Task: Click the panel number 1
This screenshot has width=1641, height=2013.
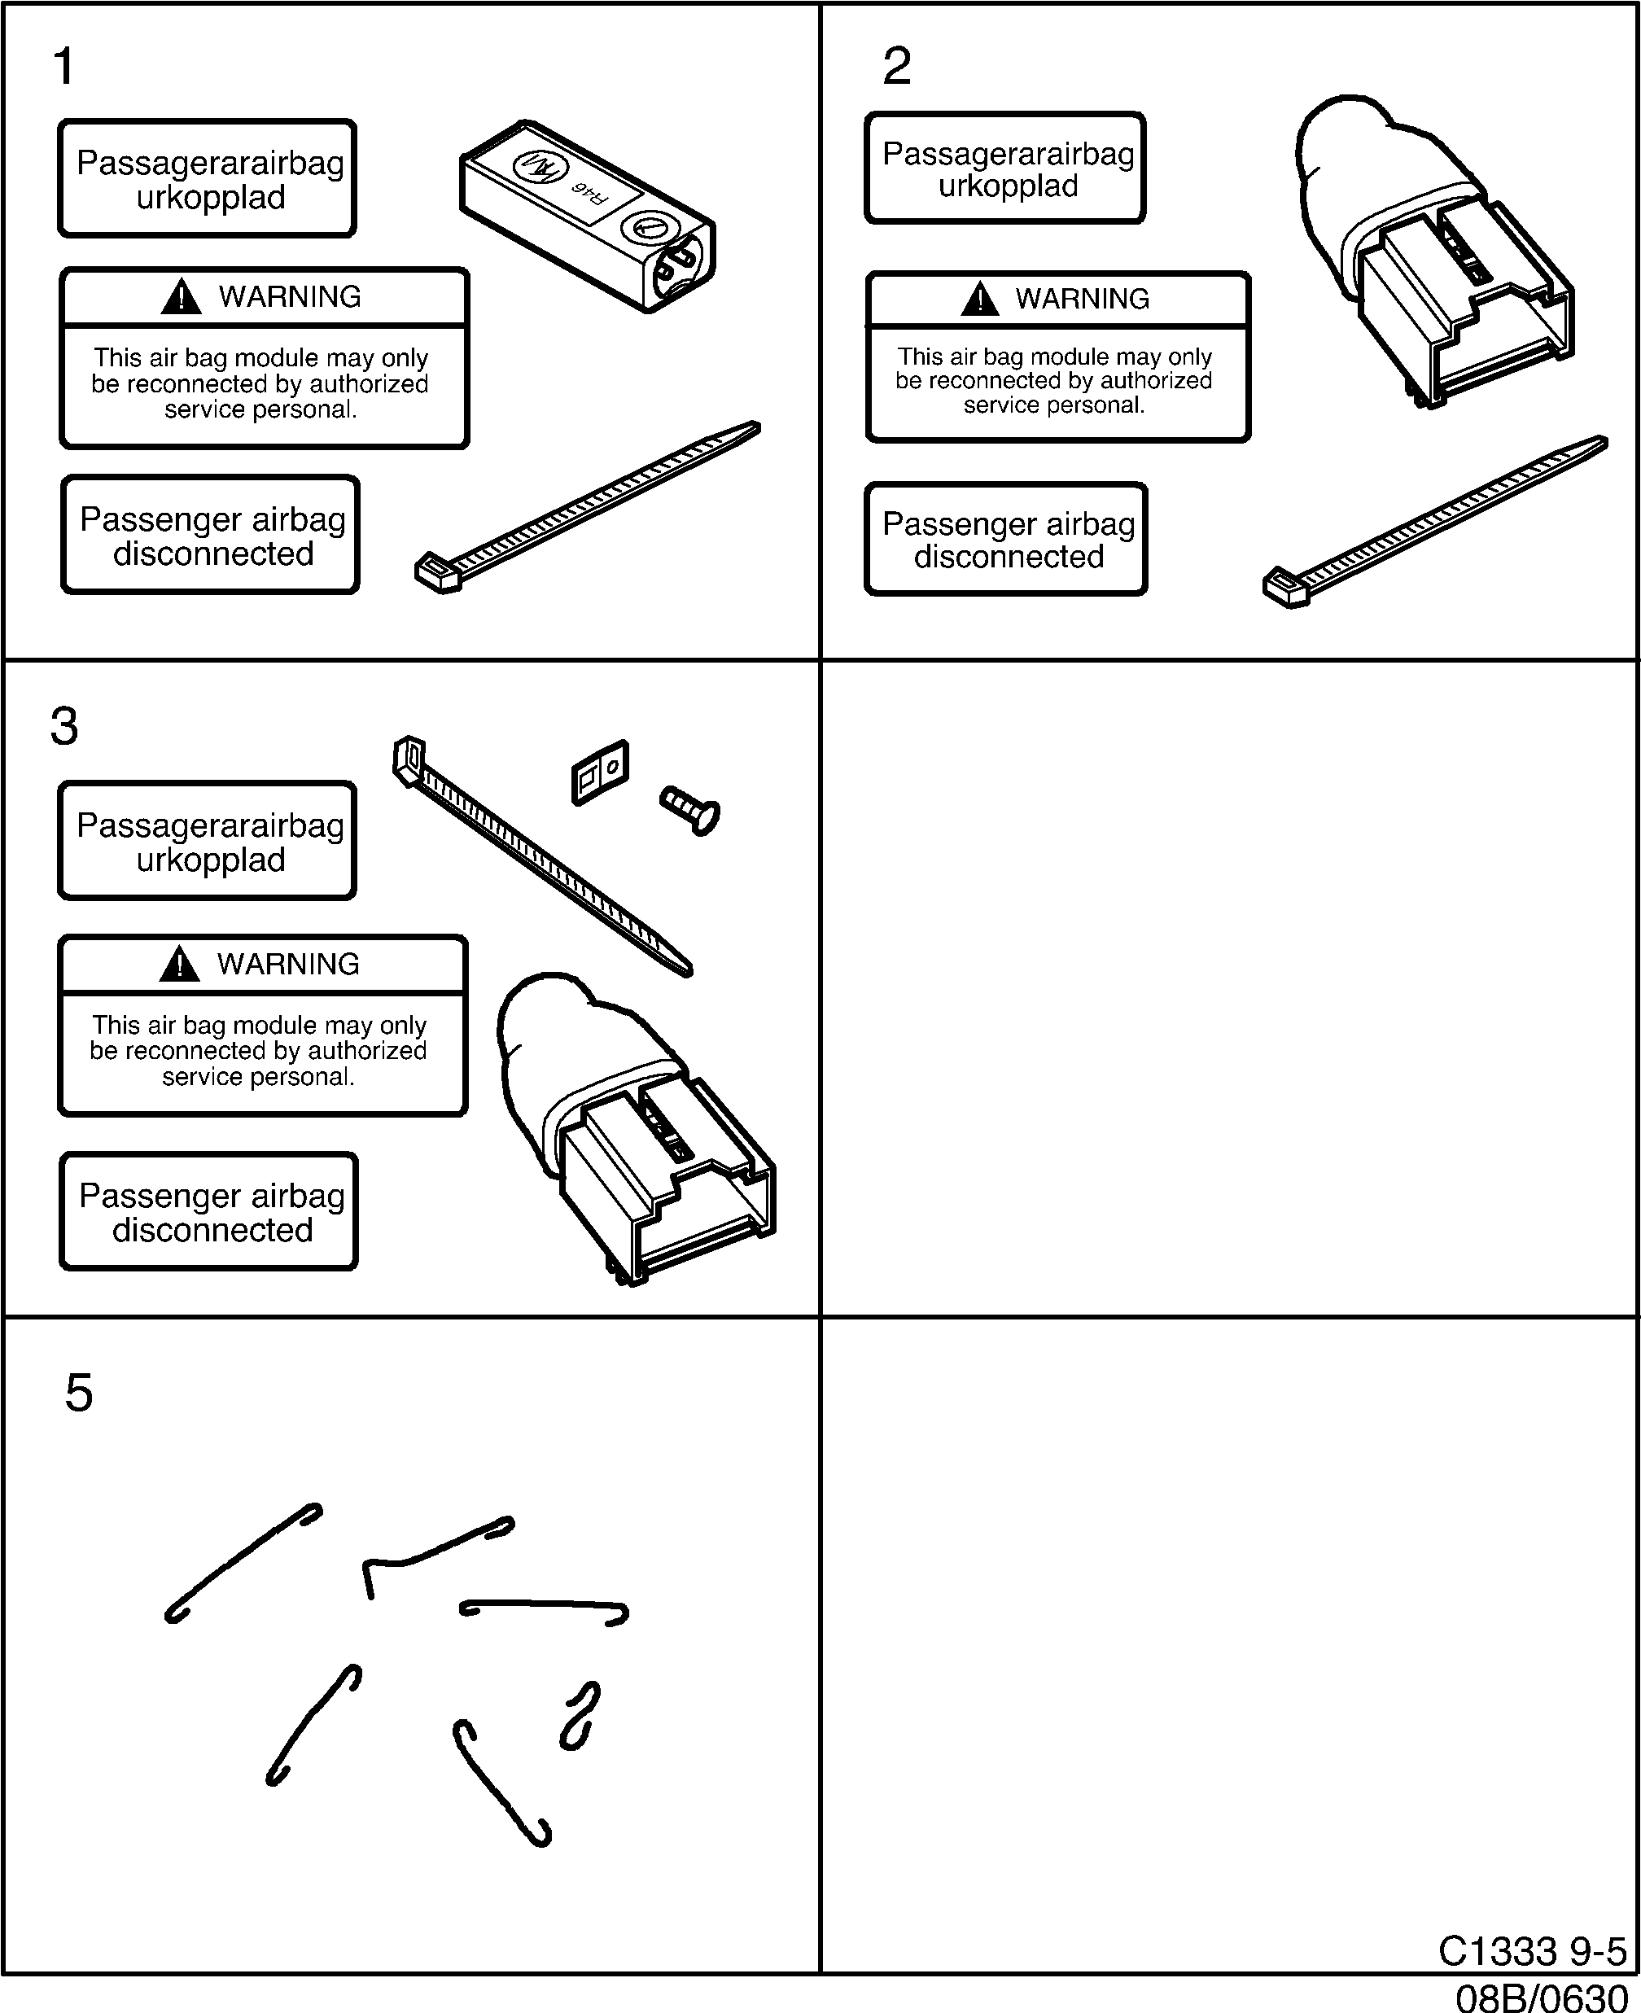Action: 63,67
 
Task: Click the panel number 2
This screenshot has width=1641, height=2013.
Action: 896,67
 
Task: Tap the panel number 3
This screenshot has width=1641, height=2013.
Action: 64,727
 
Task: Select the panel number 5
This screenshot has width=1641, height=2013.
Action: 78,1393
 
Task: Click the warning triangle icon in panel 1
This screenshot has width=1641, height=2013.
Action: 181,298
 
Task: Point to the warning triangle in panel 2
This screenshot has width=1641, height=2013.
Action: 979,300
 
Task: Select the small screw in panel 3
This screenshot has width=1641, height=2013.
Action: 691,810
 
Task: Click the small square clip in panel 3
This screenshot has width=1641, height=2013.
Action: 600,772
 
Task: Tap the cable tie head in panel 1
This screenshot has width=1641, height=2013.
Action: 438,571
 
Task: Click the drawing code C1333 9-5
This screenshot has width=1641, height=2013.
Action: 1531,1952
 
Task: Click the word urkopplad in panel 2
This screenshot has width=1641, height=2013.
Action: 1008,186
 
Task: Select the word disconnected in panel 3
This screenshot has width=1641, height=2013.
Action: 212,1231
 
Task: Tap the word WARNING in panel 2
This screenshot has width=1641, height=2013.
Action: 1083,299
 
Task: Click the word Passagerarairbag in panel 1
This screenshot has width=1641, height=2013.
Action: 210,163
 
